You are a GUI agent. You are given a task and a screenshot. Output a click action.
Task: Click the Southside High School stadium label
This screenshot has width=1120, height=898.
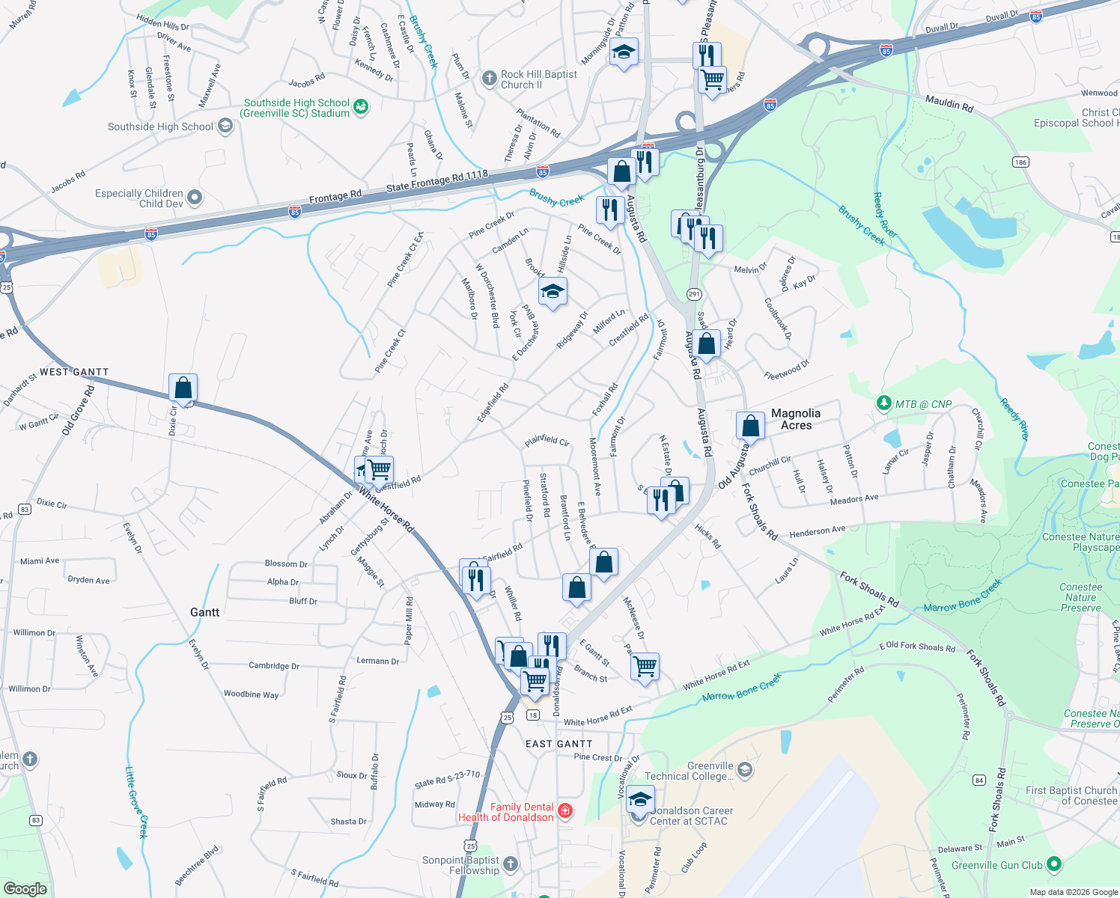point(296,108)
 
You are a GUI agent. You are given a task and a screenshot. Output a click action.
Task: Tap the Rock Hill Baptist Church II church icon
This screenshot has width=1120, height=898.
point(489,79)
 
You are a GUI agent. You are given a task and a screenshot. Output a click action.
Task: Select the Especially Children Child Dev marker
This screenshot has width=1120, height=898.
point(195,198)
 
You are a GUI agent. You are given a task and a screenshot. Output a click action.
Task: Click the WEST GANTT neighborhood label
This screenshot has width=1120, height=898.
point(74,372)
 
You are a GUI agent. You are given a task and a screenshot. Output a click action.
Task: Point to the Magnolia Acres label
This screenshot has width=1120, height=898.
point(796,419)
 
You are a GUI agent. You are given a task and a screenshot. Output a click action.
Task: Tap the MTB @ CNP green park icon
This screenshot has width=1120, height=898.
point(884,403)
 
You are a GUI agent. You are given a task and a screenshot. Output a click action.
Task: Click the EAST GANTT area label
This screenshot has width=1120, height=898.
point(559,744)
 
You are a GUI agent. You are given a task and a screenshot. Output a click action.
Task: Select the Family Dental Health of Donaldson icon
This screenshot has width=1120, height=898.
point(565,811)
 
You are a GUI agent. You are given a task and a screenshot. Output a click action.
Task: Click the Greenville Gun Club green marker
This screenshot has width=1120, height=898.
point(1054,864)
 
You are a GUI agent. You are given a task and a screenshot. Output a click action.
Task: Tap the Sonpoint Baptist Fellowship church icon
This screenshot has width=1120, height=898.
point(511,864)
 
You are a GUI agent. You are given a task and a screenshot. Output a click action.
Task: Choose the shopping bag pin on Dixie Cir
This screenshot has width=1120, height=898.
point(183,388)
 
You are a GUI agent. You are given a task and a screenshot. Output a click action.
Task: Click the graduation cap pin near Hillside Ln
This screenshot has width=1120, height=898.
point(553,293)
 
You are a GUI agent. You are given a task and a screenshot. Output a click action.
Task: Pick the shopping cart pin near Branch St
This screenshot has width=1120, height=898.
point(645,665)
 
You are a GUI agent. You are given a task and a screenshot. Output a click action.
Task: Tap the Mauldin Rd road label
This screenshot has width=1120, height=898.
point(949,103)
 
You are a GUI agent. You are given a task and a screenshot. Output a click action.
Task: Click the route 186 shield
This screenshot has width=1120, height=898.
point(1020,162)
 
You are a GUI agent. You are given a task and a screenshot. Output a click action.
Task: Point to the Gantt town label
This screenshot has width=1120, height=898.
point(204,612)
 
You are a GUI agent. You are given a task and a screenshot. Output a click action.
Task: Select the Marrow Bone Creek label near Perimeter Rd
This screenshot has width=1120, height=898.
point(741,686)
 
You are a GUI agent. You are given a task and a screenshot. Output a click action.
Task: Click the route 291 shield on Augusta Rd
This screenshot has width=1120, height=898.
point(694,295)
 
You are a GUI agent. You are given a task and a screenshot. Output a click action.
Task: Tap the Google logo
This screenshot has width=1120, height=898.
point(25,888)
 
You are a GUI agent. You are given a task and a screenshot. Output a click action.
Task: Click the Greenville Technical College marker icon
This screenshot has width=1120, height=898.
point(744,769)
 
